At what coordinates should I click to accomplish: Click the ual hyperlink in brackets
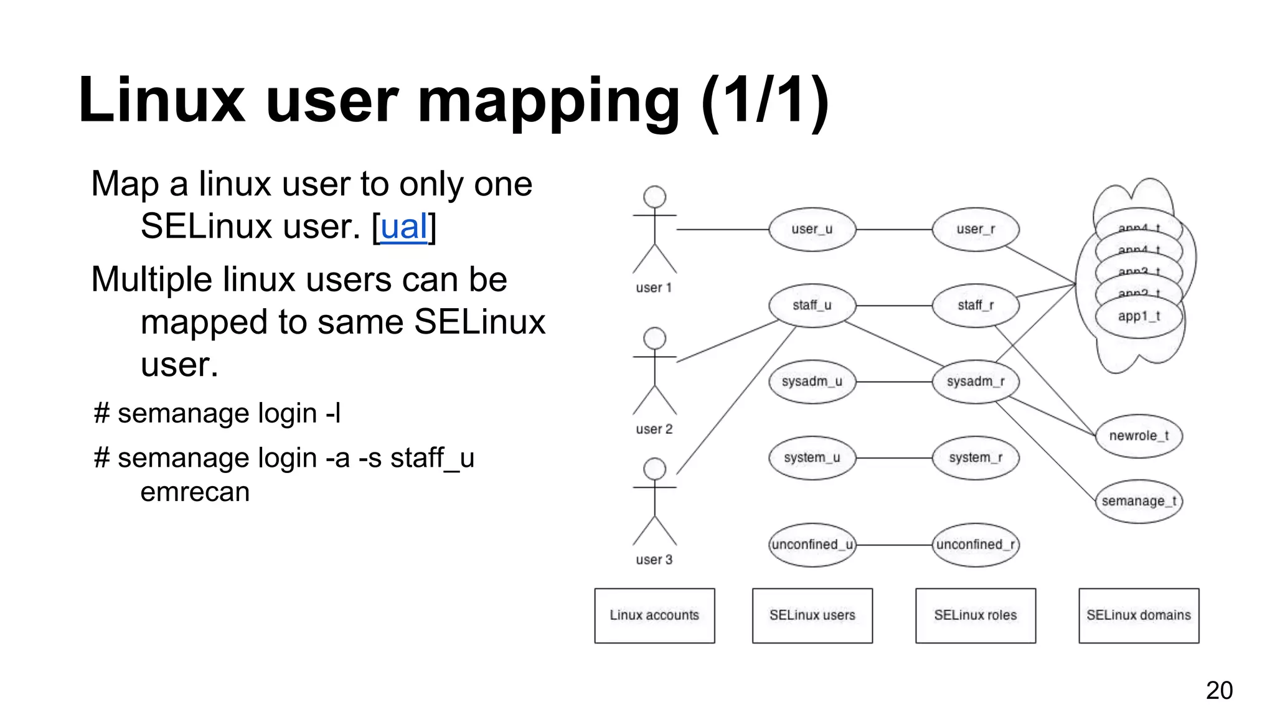(404, 227)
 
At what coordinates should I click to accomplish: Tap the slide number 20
(1218, 690)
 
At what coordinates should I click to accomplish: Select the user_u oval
(812, 230)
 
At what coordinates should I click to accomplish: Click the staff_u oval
(812, 306)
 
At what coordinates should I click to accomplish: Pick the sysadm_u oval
(812, 382)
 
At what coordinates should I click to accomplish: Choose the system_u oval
(812, 458)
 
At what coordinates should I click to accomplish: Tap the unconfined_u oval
(812, 545)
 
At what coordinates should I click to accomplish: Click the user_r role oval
(976, 230)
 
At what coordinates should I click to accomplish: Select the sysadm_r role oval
(976, 382)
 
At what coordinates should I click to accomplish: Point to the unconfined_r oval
(976, 545)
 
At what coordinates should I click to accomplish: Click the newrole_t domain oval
(1139, 436)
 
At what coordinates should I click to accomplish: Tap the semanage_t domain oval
(1139, 501)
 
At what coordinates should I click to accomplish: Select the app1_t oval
(1139, 317)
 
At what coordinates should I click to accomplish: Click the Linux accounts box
(654, 616)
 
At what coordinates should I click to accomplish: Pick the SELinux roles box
(976, 616)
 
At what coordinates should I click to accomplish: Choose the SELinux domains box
(1139, 616)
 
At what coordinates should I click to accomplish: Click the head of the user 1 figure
(654, 197)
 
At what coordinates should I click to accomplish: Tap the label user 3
(654, 560)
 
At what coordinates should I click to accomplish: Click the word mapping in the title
(548, 101)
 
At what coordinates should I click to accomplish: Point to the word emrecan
(195, 492)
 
